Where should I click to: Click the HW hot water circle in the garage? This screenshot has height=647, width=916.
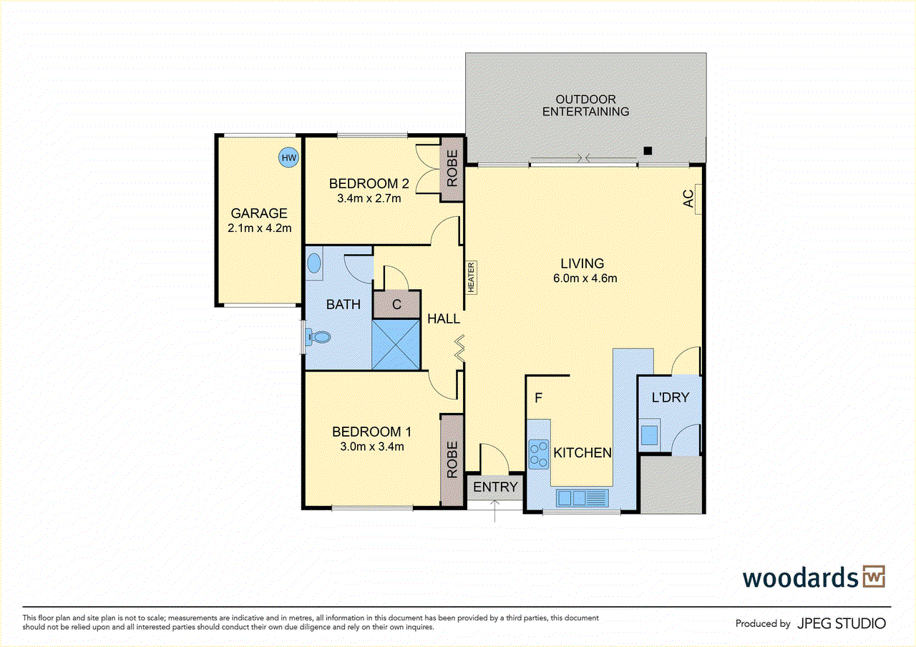(288, 157)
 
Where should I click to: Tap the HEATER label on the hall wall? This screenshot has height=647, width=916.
(472, 277)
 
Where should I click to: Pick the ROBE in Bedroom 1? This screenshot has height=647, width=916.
(452, 459)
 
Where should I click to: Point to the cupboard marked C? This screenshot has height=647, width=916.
(396, 305)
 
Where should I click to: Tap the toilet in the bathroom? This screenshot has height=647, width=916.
(316, 337)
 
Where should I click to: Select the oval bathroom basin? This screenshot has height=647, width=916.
(314, 263)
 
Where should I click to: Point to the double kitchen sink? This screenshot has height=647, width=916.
(581, 497)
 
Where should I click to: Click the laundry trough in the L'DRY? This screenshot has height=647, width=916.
(650, 434)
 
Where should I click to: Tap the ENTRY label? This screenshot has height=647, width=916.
(495, 487)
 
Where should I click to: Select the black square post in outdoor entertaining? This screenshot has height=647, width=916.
(648, 150)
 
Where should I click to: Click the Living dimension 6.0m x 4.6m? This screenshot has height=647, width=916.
(585, 278)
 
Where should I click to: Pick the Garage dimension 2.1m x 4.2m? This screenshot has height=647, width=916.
(259, 228)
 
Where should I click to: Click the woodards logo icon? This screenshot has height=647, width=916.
(874, 576)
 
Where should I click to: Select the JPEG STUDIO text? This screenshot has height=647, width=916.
(842, 623)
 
